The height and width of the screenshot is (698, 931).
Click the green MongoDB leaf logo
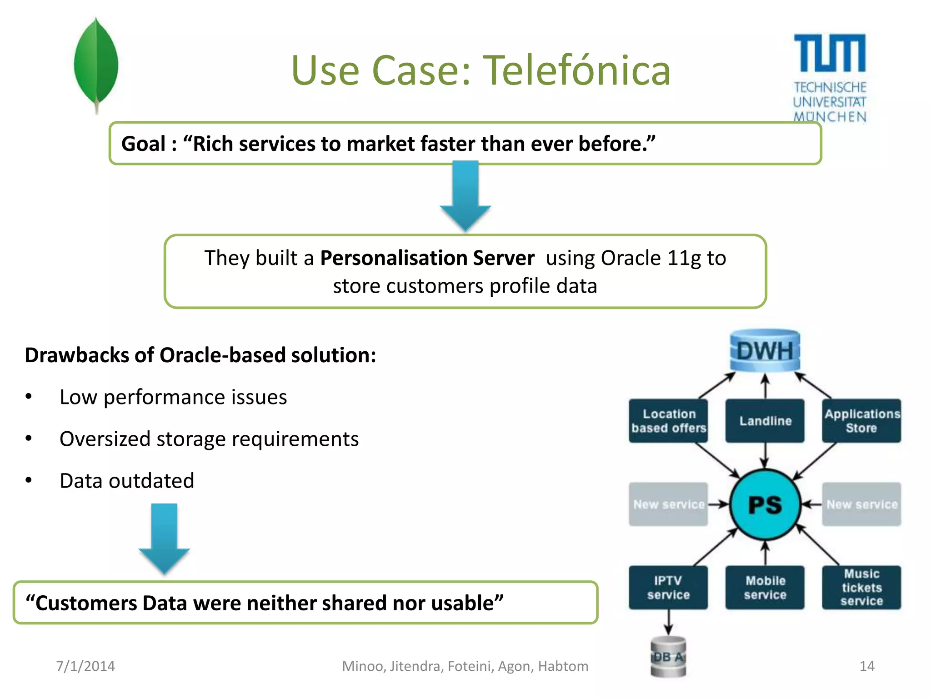(96, 64)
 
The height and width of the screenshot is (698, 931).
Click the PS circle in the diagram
(765, 504)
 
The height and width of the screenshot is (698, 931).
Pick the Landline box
(765, 421)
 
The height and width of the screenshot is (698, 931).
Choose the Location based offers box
(668, 421)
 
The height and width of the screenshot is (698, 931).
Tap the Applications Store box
(861, 421)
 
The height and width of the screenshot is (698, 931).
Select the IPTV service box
(668, 587)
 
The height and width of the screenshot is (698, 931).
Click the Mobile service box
(765, 587)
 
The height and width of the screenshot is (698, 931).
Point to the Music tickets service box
(861, 587)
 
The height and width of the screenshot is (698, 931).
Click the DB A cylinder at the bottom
(668, 657)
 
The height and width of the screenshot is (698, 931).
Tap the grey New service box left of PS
(668, 504)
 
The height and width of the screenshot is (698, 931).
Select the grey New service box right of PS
(861, 504)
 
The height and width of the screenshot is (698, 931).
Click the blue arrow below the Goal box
(465, 195)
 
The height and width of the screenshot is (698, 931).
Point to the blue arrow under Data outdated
(164, 538)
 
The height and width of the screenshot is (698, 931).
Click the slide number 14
(867, 666)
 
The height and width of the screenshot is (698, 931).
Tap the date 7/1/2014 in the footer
(85, 666)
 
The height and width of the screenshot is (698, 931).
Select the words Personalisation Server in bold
(427, 258)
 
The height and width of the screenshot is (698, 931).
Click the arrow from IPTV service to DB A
(668, 622)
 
